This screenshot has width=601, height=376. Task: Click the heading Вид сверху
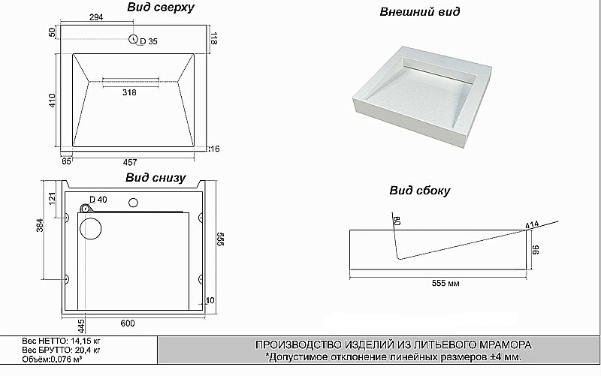(x=160, y=8)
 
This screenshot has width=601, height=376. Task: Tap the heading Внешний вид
(x=420, y=12)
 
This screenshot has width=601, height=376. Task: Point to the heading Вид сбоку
(x=419, y=191)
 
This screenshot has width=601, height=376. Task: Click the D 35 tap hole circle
(x=133, y=41)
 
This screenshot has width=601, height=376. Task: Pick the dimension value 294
(x=95, y=17)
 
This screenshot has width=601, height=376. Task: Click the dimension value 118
(x=213, y=38)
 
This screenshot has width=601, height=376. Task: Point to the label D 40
(x=98, y=200)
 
